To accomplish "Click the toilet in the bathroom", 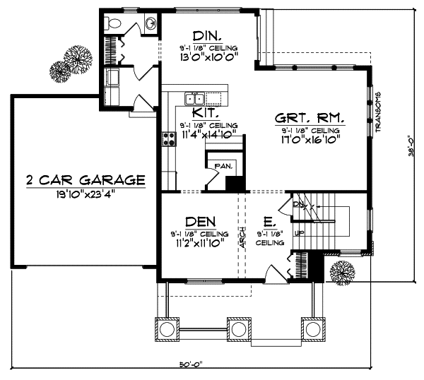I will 112,23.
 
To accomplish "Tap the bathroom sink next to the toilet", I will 151,24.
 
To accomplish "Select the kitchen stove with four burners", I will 170,138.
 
